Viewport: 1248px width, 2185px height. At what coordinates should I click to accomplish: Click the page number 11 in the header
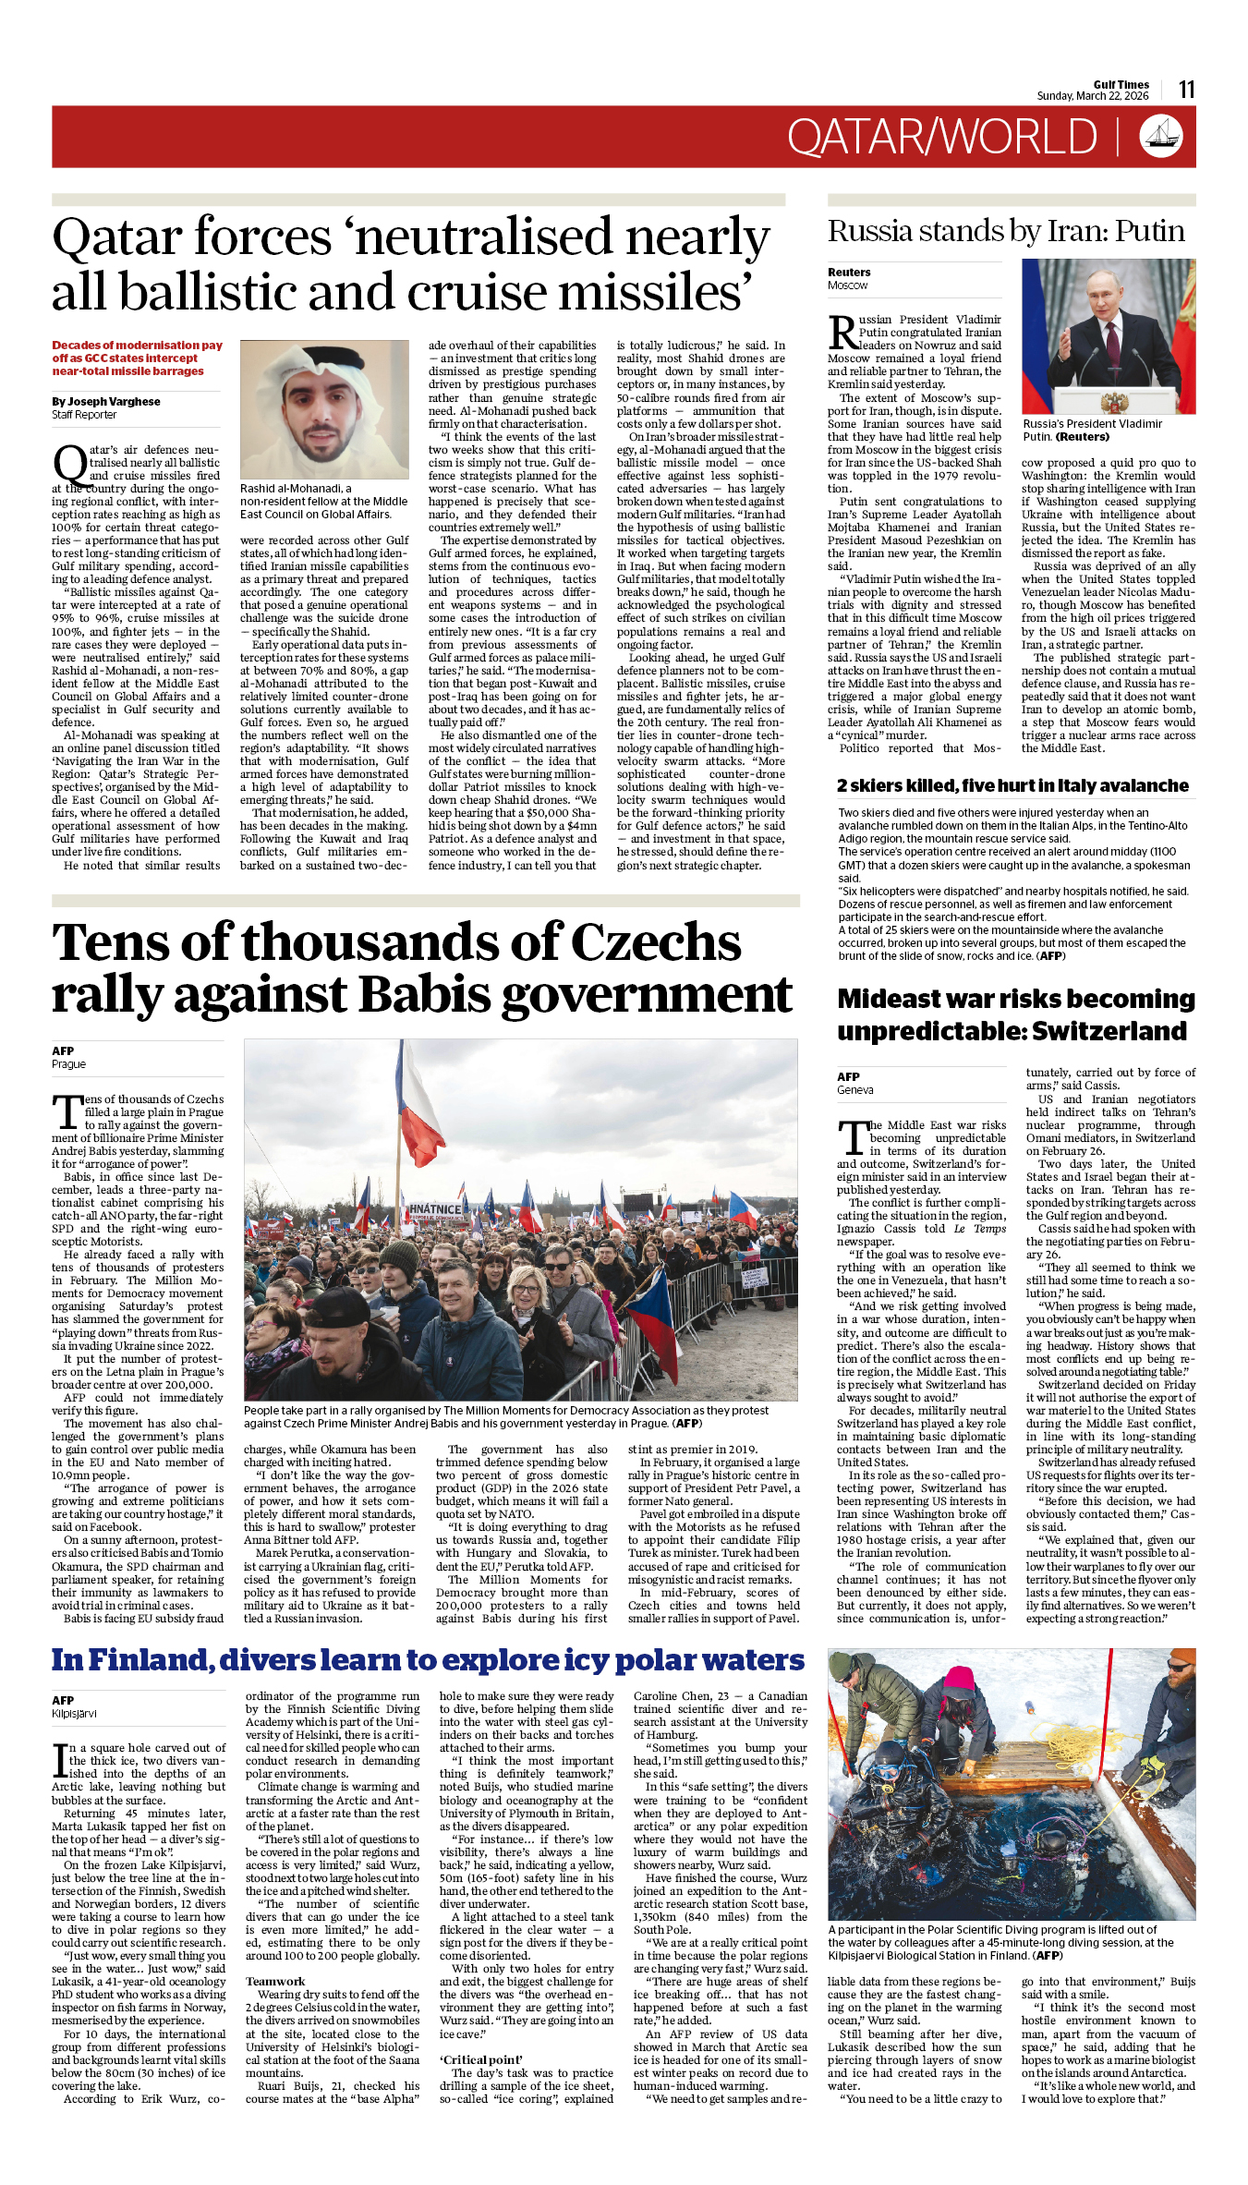[1187, 90]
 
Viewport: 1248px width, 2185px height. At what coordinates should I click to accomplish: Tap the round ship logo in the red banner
[1161, 136]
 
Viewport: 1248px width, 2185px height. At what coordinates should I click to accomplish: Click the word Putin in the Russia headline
[1149, 231]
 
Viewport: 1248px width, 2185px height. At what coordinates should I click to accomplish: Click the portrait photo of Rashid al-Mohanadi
[324, 408]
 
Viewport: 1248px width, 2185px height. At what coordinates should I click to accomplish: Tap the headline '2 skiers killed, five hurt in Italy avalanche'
[1012, 786]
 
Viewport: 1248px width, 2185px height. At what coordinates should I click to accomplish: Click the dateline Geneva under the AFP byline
[854, 1090]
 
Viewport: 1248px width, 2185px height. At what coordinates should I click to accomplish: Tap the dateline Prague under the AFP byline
[68, 1064]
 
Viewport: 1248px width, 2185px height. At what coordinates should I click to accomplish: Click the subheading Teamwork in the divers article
[274, 1982]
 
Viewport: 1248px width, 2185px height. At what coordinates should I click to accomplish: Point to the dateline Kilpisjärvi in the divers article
[74, 1714]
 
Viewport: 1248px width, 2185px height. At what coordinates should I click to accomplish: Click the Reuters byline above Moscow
[849, 273]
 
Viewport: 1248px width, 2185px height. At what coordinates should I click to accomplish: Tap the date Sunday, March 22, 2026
[1093, 96]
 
